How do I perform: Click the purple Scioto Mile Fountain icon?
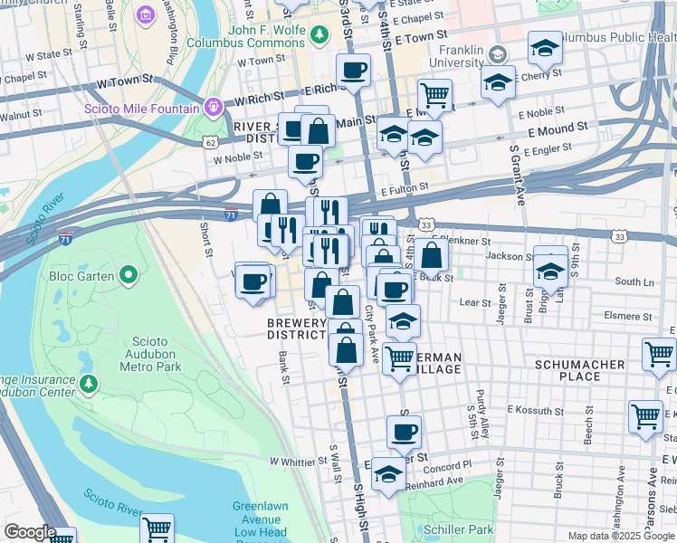tap(214, 107)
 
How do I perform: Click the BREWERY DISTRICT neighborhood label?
tap(296, 329)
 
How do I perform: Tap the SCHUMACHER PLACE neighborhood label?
tap(580, 370)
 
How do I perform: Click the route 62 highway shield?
tap(210, 143)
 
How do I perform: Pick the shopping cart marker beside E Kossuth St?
tap(645, 416)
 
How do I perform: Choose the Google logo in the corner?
tap(29, 532)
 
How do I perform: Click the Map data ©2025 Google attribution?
tap(620, 536)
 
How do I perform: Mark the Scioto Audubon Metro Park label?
tap(151, 354)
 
